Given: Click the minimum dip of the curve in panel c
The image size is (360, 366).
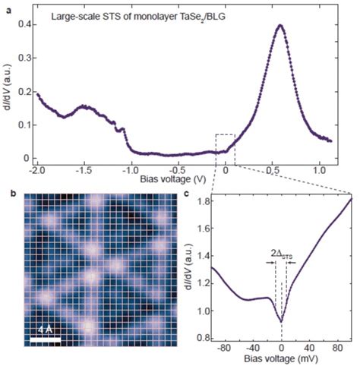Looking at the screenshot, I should pyautogui.click(x=281, y=322).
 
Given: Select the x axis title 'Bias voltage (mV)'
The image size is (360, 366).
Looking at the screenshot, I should pyautogui.click(x=281, y=362).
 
